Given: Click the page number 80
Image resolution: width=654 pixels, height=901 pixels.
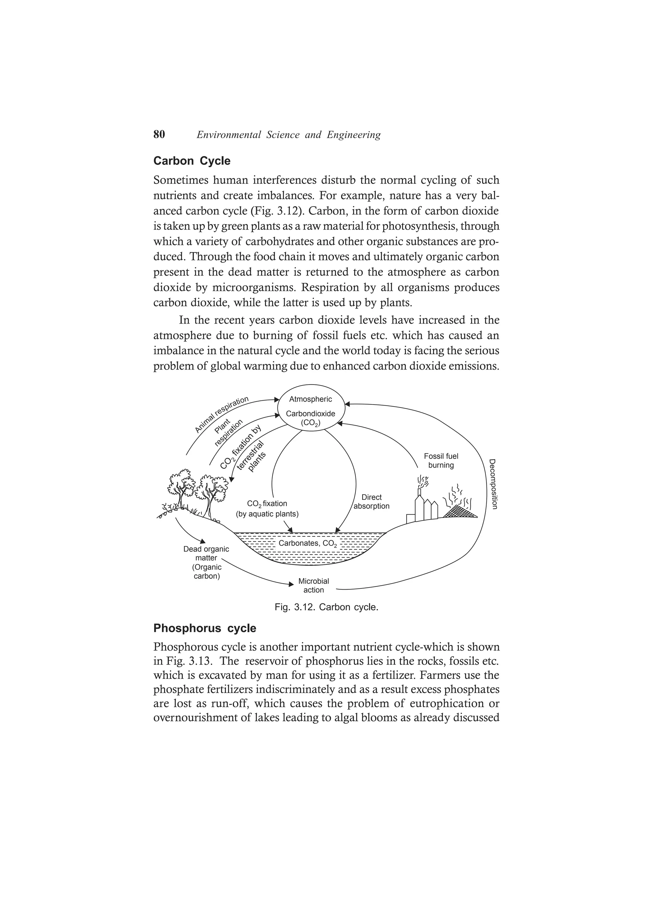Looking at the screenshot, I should tap(159, 135).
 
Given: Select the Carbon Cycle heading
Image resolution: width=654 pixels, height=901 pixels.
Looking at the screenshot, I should tap(192, 161).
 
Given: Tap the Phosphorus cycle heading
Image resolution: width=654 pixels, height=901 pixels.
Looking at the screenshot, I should tap(204, 629).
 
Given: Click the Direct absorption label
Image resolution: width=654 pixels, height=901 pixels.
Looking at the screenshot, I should tap(371, 502).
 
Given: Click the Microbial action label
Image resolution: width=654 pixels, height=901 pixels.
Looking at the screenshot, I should tap(314, 585).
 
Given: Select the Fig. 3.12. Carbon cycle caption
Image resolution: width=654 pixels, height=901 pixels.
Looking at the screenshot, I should tap(326, 607).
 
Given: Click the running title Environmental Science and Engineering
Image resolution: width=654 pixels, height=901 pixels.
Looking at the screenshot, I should tap(288, 135).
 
